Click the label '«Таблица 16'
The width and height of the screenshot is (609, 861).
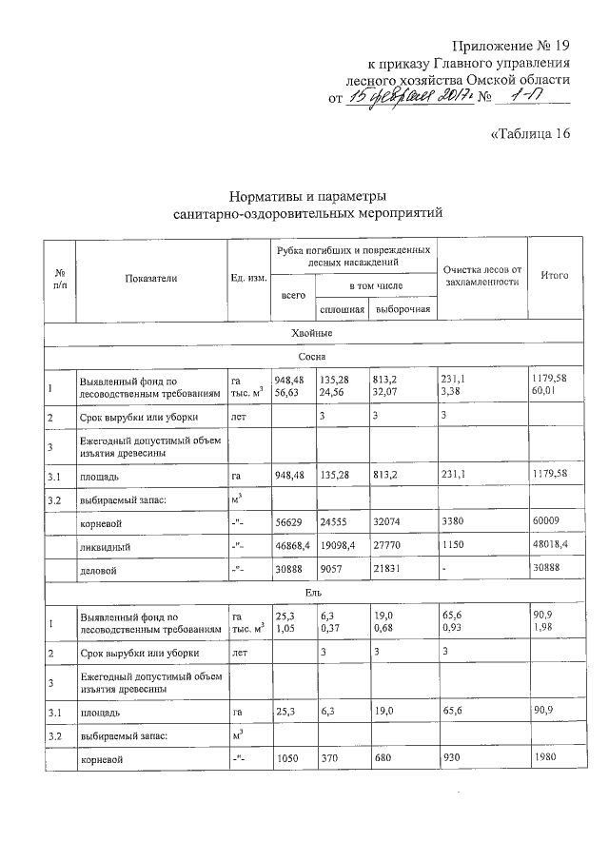coord(529,133)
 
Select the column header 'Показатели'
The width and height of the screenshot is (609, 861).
coord(150,277)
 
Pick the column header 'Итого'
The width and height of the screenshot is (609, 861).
coord(554,275)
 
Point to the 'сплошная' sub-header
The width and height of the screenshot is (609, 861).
coord(341,310)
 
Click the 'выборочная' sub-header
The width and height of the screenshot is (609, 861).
coord(403,310)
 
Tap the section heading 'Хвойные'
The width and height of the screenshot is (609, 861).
coord(311,333)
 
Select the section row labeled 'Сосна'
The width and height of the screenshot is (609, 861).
coord(311,356)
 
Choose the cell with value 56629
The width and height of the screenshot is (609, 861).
coord(289,521)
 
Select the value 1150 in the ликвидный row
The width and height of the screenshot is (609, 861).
coord(453,546)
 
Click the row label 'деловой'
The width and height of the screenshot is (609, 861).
coord(99,570)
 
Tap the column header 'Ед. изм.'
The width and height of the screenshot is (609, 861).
coord(248,277)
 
